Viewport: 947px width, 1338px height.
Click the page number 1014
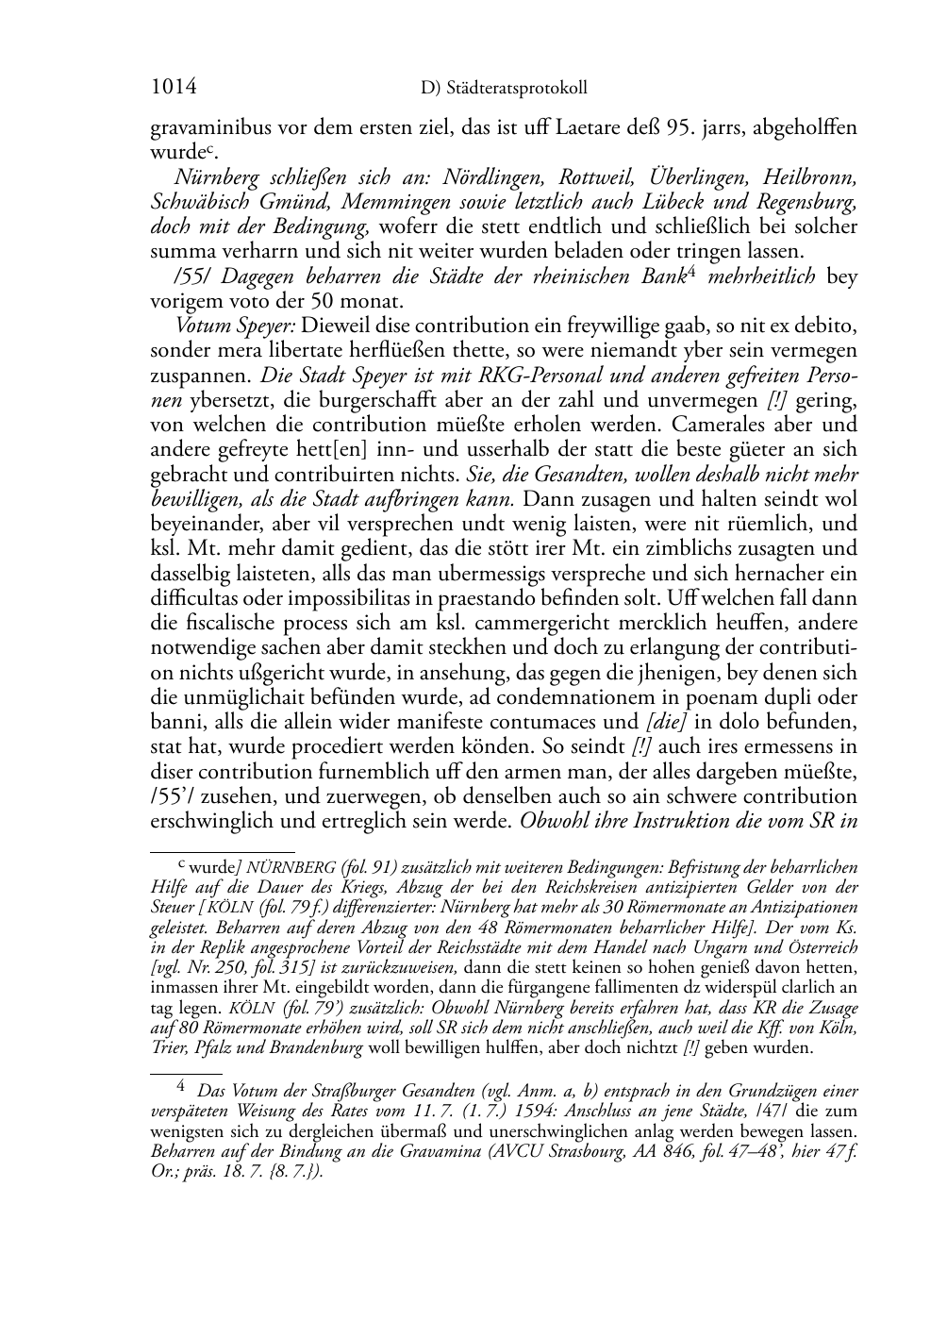[174, 87]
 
